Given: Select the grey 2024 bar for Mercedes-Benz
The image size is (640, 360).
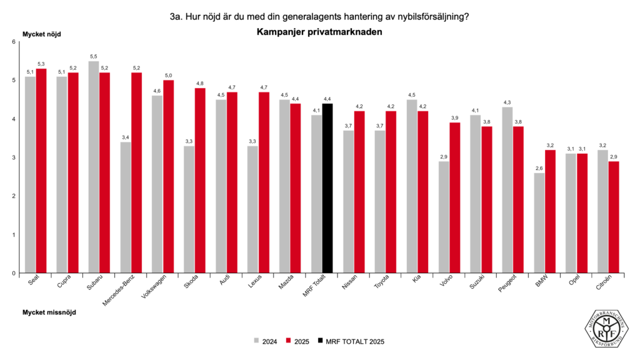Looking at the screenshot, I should tap(126, 207).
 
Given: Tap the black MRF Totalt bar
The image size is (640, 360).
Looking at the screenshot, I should tap(327, 188).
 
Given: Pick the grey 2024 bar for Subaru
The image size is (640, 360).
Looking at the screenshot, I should tap(94, 167).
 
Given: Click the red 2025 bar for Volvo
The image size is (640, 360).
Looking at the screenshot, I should tap(455, 197).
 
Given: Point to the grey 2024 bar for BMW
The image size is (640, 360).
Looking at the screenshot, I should tap(539, 223).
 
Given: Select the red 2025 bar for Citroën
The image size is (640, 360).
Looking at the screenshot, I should tap(614, 217).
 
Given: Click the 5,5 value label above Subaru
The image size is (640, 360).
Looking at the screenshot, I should tap(94, 56).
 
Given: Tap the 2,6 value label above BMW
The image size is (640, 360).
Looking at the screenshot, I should tap(539, 168).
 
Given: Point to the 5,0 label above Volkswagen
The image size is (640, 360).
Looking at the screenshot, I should tap(168, 76).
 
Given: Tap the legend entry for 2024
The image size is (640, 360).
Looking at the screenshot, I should tap(265, 341).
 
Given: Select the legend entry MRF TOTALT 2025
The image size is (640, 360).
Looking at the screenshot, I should tap(350, 341).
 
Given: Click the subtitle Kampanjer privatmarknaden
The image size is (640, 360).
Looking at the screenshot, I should tap(319, 31).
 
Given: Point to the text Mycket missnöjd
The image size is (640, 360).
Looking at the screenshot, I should tap(49, 312).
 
